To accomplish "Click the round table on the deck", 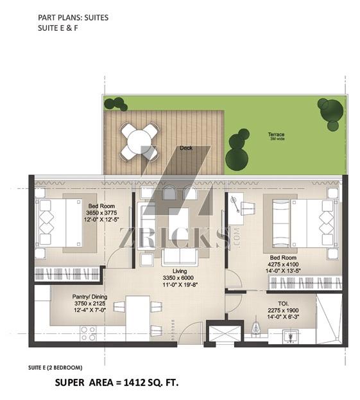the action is (x=139, y=142).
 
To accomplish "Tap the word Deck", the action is (x=186, y=148).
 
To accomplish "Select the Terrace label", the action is (x=276, y=134).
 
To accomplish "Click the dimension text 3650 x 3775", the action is (x=101, y=213).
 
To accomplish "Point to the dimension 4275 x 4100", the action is (x=283, y=265).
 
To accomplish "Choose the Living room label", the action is (x=180, y=271).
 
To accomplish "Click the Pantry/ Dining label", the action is (x=90, y=297).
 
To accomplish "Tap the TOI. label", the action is (x=283, y=304).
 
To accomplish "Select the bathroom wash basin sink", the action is (x=290, y=336).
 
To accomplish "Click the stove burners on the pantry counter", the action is (x=88, y=334).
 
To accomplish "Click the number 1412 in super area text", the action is (x=132, y=383).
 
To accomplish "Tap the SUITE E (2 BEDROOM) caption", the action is (x=55, y=368).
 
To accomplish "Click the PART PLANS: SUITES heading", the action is (x=73, y=17).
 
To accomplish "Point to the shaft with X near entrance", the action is (x=223, y=333).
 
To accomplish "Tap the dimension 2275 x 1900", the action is (x=283, y=311).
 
